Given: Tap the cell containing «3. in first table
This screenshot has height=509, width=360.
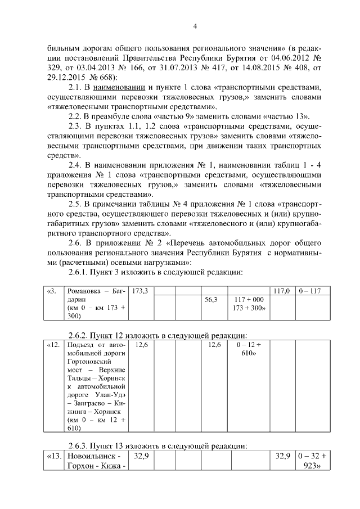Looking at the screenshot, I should [52, 291].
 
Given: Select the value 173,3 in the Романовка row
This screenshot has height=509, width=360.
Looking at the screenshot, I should [139, 291].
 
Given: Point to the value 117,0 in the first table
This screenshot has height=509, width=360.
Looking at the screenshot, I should [281, 291].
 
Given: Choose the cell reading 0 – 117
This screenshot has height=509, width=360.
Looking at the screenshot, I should [309, 291].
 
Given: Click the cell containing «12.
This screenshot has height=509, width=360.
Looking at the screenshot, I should [53, 344].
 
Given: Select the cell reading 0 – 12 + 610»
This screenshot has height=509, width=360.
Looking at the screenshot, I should [249, 348].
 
